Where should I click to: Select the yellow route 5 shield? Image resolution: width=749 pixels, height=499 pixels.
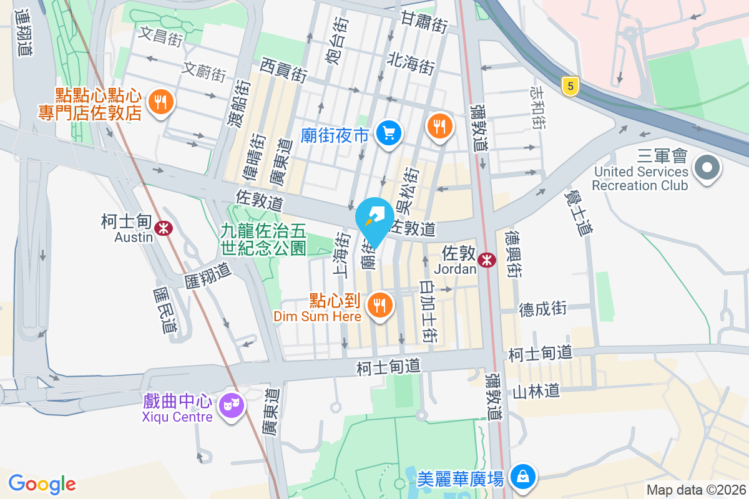click(569, 86)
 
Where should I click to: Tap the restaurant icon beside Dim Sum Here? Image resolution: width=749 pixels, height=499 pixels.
click(378, 306)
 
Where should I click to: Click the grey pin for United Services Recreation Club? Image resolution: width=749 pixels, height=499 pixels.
click(707, 168)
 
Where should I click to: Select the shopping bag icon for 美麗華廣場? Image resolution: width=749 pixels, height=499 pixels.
click(522, 477)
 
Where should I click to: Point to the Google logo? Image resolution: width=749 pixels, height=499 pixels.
click(42, 484)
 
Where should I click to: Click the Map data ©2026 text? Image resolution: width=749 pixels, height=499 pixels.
click(696, 490)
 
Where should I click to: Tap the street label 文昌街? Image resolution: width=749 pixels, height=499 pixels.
click(161, 36)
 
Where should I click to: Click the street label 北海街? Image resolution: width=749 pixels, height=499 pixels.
click(411, 63)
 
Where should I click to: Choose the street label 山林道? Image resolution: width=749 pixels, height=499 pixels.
click(536, 391)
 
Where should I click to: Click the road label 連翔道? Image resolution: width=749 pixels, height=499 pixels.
click(24, 32)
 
